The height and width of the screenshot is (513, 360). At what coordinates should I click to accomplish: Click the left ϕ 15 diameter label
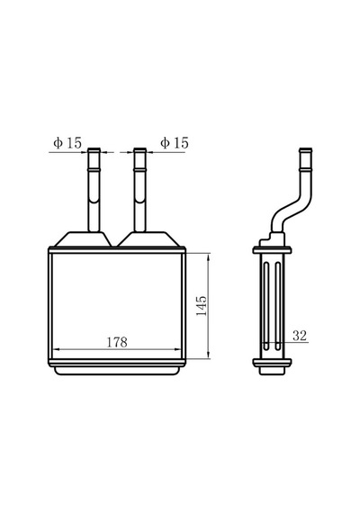(x=67, y=143)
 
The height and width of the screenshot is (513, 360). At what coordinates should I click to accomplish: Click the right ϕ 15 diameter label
(x=175, y=143)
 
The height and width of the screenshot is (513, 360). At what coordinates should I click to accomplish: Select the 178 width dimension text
(x=117, y=342)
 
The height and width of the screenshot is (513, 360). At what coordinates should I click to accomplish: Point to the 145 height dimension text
(x=202, y=306)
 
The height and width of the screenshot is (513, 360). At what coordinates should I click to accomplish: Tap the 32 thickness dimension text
(x=300, y=336)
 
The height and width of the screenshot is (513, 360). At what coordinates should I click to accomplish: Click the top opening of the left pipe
(x=94, y=149)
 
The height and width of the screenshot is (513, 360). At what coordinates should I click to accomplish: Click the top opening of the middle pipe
(x=139, y=149)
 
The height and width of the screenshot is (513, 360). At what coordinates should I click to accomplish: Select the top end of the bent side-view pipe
(x=305, y=149)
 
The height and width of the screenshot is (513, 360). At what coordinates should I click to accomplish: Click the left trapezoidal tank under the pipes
(x=83, y=239)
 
